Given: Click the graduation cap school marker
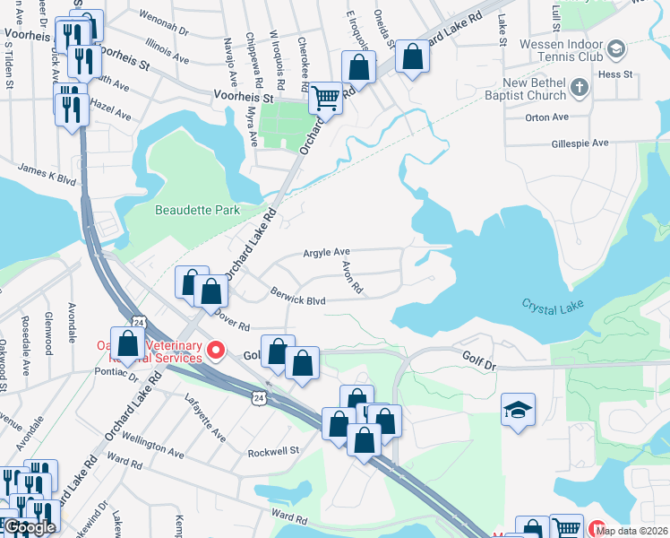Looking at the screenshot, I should click(518, 409).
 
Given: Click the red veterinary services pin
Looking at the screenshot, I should click(214, 350).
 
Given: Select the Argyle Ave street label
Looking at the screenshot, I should click(326, 254).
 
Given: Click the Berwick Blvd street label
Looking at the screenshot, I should click(297, 296).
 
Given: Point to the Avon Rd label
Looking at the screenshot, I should click(352, 277).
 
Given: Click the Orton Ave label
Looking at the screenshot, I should click(547, 117).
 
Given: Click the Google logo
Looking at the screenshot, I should click(30, 527).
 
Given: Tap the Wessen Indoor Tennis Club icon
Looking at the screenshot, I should click(615, 48).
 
